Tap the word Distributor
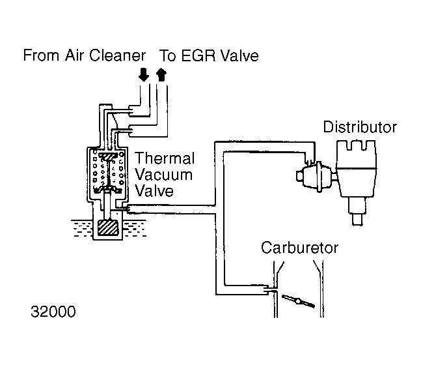pyautogui.click(x=360, y=126)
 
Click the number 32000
pyautogui.click(x=53, y=312)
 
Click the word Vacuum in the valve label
pyautogui.click(x=163, y=175)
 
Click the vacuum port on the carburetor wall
pyautogui.click(x=269, y=287)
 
